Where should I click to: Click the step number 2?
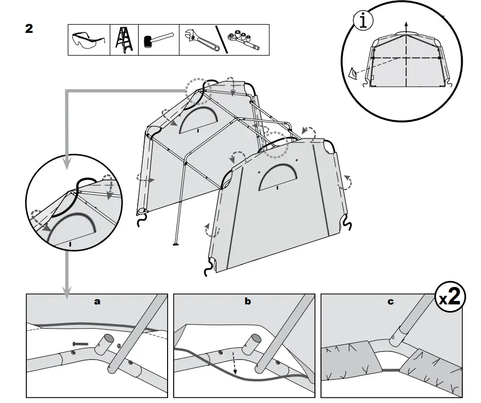tap(29, 29)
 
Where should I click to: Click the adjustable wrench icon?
tap(201, 39)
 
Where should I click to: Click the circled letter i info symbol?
tap(363, 21)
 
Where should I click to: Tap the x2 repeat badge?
tap(450, 297)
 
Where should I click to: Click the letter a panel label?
tap(97, 301)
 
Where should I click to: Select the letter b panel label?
tap(248, 301)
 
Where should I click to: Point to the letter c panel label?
tap(390, 302)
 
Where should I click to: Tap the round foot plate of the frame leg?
tap(176, 246)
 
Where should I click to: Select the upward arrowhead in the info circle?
tap(406, 24)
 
